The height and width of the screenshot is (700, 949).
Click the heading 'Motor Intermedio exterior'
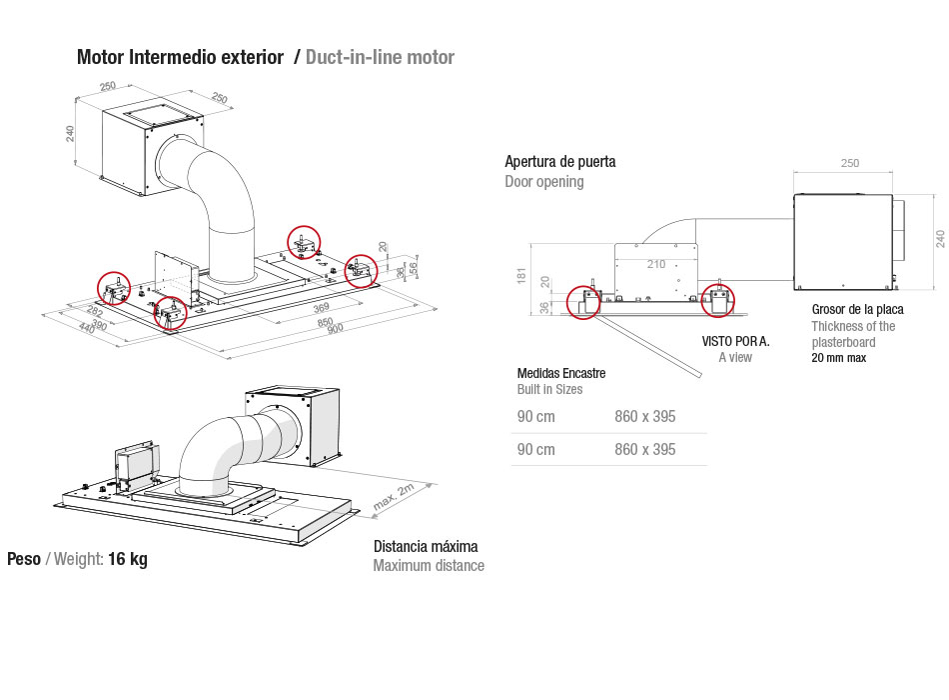point(180,57)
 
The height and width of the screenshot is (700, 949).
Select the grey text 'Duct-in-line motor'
point(380,57)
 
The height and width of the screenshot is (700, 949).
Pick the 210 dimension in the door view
point(655,264)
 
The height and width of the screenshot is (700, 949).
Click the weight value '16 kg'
point(128,559)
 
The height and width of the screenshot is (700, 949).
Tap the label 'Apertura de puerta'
point(559,161)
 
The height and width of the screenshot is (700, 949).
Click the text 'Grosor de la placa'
point(857,309)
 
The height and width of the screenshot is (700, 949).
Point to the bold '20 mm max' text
point(838,358)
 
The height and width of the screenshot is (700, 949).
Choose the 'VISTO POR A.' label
point(735,341)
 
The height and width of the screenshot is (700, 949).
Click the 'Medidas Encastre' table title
point(560,373)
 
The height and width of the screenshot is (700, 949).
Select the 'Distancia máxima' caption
point(426,546)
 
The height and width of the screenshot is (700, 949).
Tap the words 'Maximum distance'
point(429,566)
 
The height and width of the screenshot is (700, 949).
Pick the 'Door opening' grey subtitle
point(544,182)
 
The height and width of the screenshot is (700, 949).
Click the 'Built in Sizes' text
point(549,389)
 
